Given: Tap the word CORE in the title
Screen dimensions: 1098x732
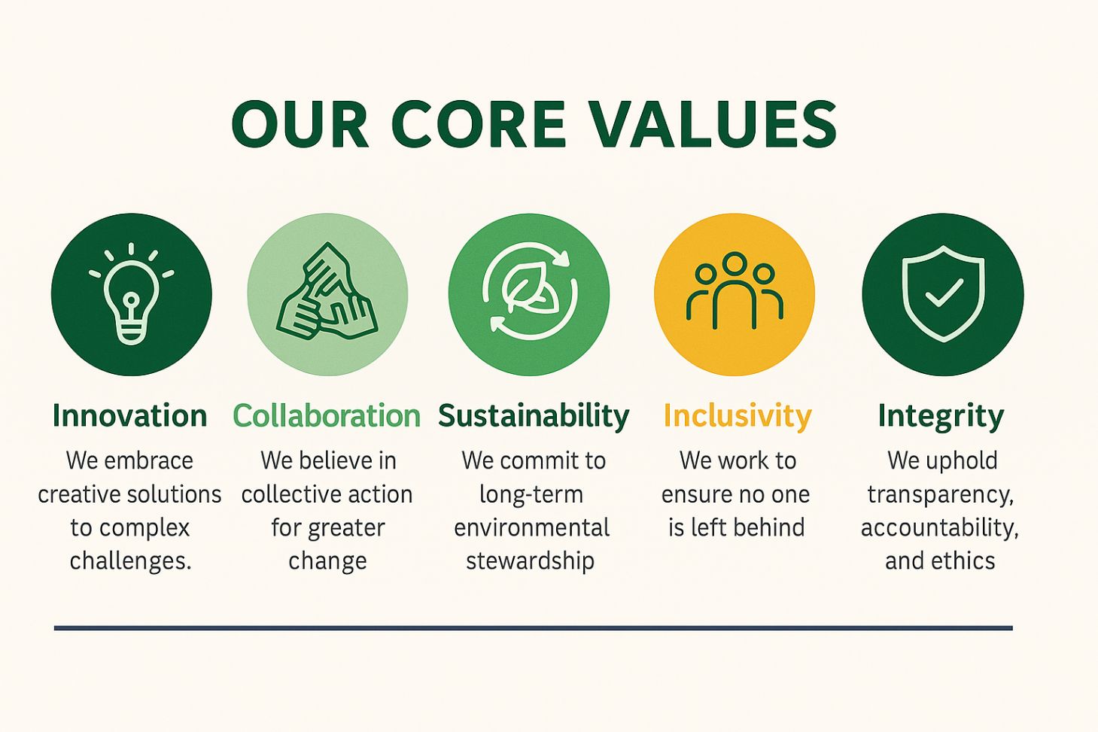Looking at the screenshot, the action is pos(479,123).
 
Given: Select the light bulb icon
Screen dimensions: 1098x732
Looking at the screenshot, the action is pos(132,294).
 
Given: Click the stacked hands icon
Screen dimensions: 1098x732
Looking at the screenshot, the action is pos(327,292).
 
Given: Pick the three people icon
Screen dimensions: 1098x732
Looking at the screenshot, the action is pos(735,290).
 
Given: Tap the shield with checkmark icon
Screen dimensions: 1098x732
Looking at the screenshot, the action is pos(943,293).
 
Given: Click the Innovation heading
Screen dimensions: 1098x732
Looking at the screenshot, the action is pos(130,416).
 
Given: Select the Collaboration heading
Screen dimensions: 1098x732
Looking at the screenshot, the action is pos(327,416).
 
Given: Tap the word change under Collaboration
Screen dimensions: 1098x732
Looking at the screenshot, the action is pos(327,562).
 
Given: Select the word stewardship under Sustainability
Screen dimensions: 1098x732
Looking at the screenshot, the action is pos(530,561).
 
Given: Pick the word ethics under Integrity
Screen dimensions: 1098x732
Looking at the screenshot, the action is pos(963,561).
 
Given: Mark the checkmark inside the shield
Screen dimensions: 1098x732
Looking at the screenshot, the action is pos(944,293).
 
